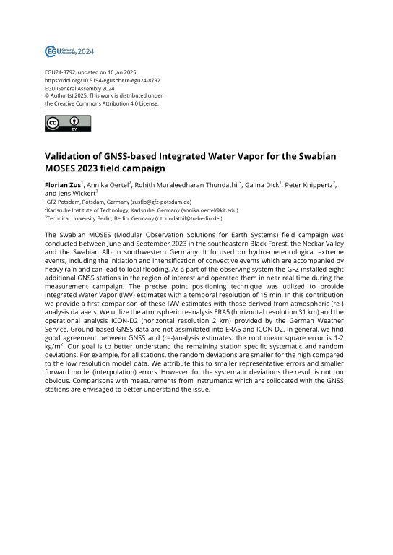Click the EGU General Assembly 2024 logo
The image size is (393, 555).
click(x=69, y=51)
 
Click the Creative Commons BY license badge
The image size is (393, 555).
click(x=61, y=124)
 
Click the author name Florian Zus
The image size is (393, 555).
click(x=61, y=185)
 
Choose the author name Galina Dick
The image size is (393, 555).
click(x=267, y=185)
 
